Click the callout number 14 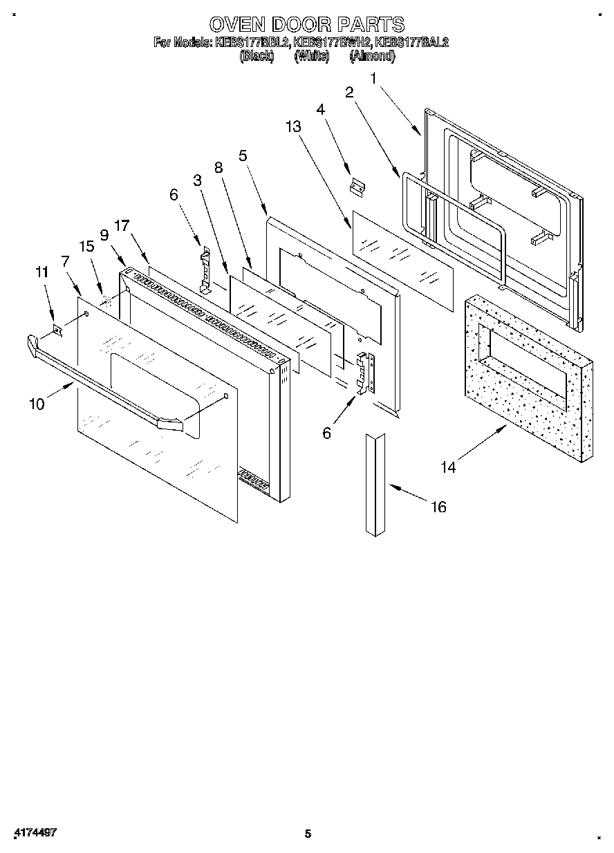(448, 467)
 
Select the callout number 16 (438, 507)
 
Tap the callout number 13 (293, 126)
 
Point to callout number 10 (37, 404)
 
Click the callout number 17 (122, 225)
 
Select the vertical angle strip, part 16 (376, 483)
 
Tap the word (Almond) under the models (372, 57)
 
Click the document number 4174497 (34, 832)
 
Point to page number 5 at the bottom (308, 834)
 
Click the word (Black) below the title (257, 57)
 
